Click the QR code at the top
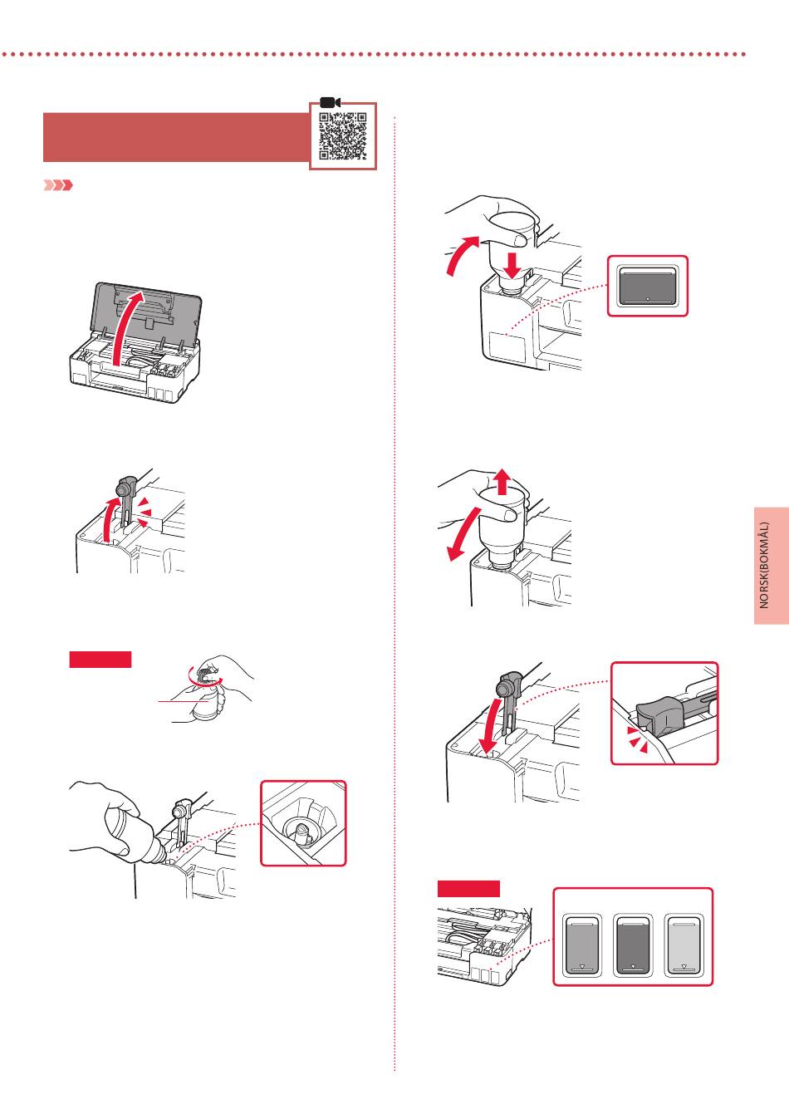click(x=343, y=136)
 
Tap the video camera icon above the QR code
click(x=331, y=102)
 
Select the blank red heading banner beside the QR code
click(x=175, y=137)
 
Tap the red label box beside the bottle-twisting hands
click(x=100, y=660)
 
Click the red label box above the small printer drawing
click(x=468, y=889)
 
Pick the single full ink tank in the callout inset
click(x=648, y=286)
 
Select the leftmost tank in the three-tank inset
click(x=582, y=945)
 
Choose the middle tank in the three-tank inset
click(x=633, y=945)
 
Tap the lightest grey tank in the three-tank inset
click(x=684, y=945)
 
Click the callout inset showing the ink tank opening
click(x=303, y=822)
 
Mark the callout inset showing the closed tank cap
click(x=664, y=713)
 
